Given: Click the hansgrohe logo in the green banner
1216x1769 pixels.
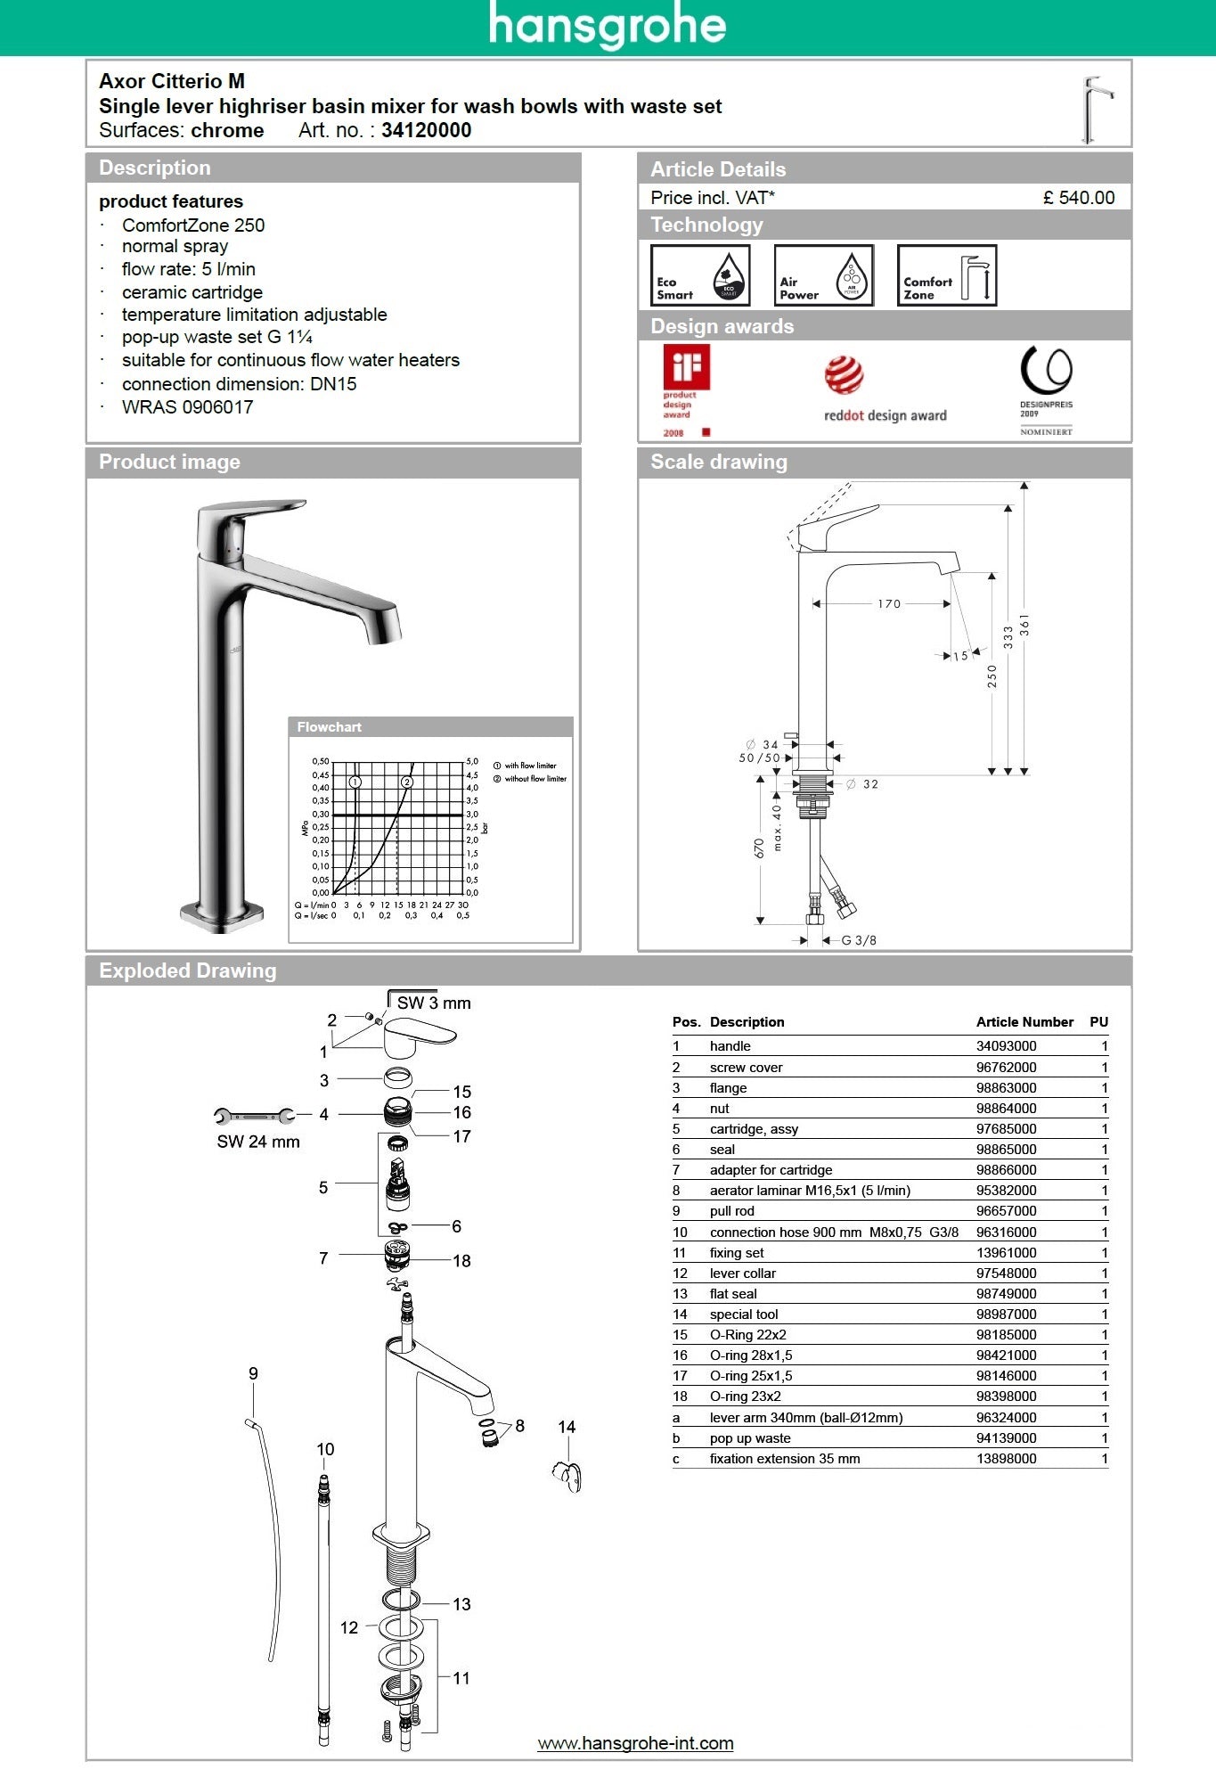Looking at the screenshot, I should [x=608, y=27].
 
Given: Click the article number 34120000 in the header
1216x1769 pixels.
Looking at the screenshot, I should [x=426, y=130].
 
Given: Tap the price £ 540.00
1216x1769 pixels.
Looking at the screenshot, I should [x=1078, y=198].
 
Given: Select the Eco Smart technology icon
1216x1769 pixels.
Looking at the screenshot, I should [x=700, y=275].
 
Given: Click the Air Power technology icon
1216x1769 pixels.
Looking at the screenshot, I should [x=823, y=275].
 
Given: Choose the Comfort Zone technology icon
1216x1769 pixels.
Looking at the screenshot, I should [x=946, y=275].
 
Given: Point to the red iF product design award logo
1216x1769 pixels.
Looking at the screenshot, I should [x=686, y=368].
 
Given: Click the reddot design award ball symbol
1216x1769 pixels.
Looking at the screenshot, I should [x=844, y=375].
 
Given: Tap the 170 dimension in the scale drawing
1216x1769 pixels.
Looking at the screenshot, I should [x=888, y=604].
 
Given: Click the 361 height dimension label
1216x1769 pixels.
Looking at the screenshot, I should [x=1024, y=624].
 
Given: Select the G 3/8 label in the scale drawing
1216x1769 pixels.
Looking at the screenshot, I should [x=858, y=940].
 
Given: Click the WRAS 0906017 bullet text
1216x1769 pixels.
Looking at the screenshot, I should [x=187, y=407].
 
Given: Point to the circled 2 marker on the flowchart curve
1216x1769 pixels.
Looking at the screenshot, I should [x=407, y=782].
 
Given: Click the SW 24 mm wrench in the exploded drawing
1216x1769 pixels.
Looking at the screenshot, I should [x=254, y=1116].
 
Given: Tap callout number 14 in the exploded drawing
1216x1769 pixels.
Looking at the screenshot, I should [x=567, y=1427].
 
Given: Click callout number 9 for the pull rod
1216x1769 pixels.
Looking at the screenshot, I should [x=253, y=1373].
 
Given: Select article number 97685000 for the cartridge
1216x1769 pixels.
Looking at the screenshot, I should [x=1006, y=1129].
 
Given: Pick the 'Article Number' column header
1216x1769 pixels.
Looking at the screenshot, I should [x=1024, y=1022].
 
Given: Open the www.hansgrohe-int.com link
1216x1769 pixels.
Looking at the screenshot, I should [x=635, y=1743].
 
